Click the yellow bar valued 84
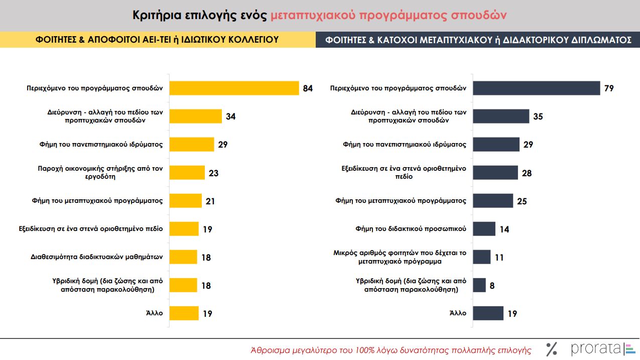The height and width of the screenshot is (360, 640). point(234,88)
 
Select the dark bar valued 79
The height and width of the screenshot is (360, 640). point(537,88)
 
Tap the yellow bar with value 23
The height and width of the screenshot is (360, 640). point(187,173)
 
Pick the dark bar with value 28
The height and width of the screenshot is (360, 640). point(495,173)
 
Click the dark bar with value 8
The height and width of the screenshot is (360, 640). point(479,285)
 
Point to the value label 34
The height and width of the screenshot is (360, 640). point(230,116)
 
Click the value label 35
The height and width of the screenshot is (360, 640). point(538,116)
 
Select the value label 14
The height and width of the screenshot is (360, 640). point(504,229)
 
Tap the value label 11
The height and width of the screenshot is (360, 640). point(499,258)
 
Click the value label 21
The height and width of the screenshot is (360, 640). point(210,201)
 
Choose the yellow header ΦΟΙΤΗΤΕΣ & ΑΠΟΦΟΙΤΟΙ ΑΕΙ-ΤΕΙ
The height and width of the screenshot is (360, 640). point(157,40)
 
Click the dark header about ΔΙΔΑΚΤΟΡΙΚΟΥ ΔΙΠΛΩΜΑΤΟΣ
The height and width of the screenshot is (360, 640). point(478,40)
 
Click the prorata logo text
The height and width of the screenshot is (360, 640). point(595,348)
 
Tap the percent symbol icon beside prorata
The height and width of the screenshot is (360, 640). point(552,348)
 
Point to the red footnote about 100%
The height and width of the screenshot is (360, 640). point(391,349)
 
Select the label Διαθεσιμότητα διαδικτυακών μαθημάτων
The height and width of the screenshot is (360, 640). point(97,257)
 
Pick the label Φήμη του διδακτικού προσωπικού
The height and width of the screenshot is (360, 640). point(411,229)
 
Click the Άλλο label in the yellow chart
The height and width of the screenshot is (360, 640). point(155,313)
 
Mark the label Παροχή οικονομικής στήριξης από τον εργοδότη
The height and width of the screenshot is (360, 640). point(101,172)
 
